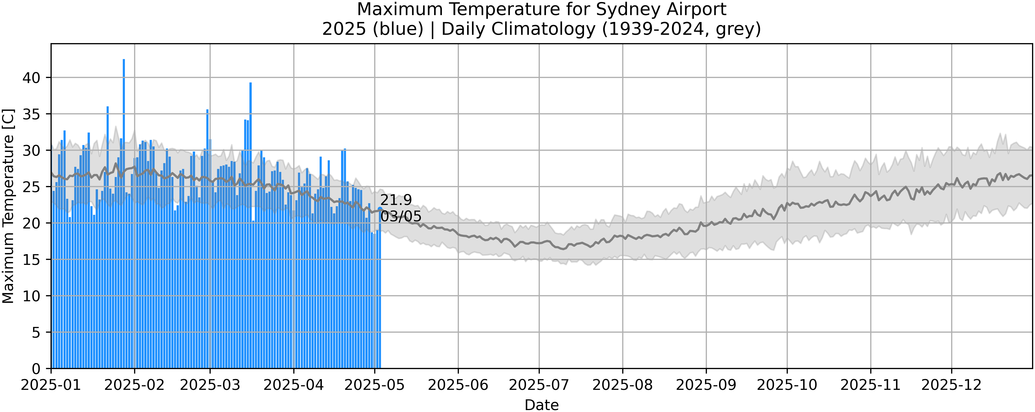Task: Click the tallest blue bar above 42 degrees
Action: (124, 161)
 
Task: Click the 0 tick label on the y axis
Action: (36, 369)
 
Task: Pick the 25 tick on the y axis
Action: (31, 187)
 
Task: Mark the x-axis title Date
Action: (542, 405)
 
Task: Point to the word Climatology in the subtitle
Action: (518, 29)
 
